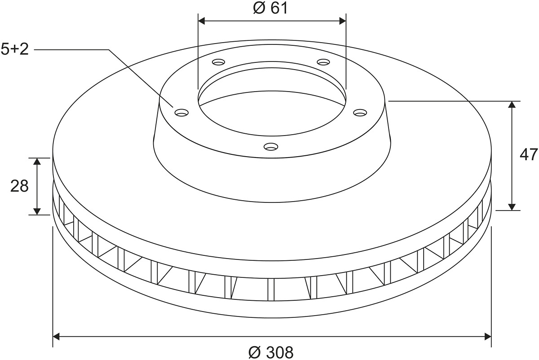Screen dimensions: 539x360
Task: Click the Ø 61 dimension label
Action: (x=270, y=9)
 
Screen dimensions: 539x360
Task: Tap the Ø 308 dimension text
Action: (x=271, y=352)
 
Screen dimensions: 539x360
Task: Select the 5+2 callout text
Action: (x=15, y=49)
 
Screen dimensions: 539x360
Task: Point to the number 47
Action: (x=529, y=154)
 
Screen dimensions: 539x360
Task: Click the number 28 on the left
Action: (x=19, y=186)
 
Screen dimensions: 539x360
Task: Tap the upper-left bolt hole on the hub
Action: (x=218, y=62)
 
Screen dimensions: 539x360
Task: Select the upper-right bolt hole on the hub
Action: (x=323, y=62)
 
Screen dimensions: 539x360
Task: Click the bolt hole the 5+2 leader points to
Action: (x=181, y=112)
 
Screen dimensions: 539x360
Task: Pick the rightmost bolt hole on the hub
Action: (x=360, y=112)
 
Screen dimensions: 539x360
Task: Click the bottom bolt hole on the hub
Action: (x=271, y=146)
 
